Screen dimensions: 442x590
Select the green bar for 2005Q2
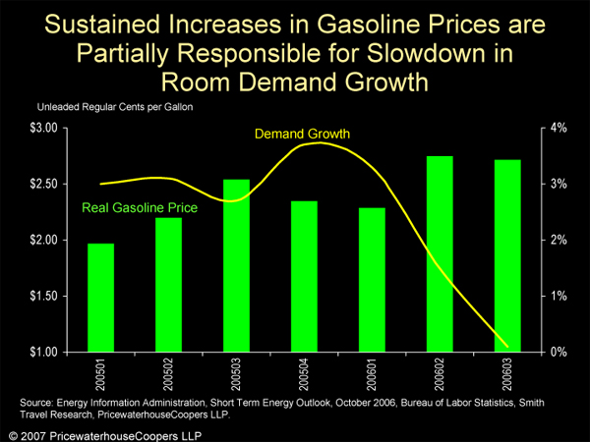[x=168, y=285]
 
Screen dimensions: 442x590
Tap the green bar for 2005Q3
[x=236, y=265]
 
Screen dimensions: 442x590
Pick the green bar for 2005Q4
[x=304, y=276]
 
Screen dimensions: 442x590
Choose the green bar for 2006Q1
[x=372, y=280]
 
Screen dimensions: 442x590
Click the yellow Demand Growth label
[x=302, y=133]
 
